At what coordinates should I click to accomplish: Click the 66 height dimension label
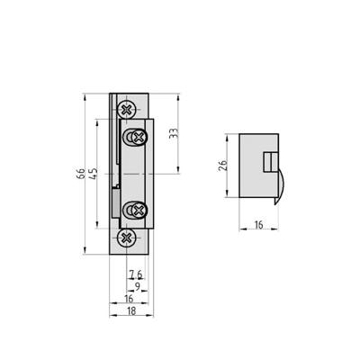pos(80,172)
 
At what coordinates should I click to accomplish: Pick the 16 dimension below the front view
pos(129,298)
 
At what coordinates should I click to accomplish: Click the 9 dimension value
pos(137,286)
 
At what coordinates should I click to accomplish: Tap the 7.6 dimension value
pos(135,274)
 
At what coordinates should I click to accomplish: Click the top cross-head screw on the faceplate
pos(128,110)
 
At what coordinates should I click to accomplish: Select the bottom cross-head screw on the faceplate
pos(127,238)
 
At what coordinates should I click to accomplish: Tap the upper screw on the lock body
pos(138,137)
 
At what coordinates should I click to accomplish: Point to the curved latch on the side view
pos(281,184)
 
